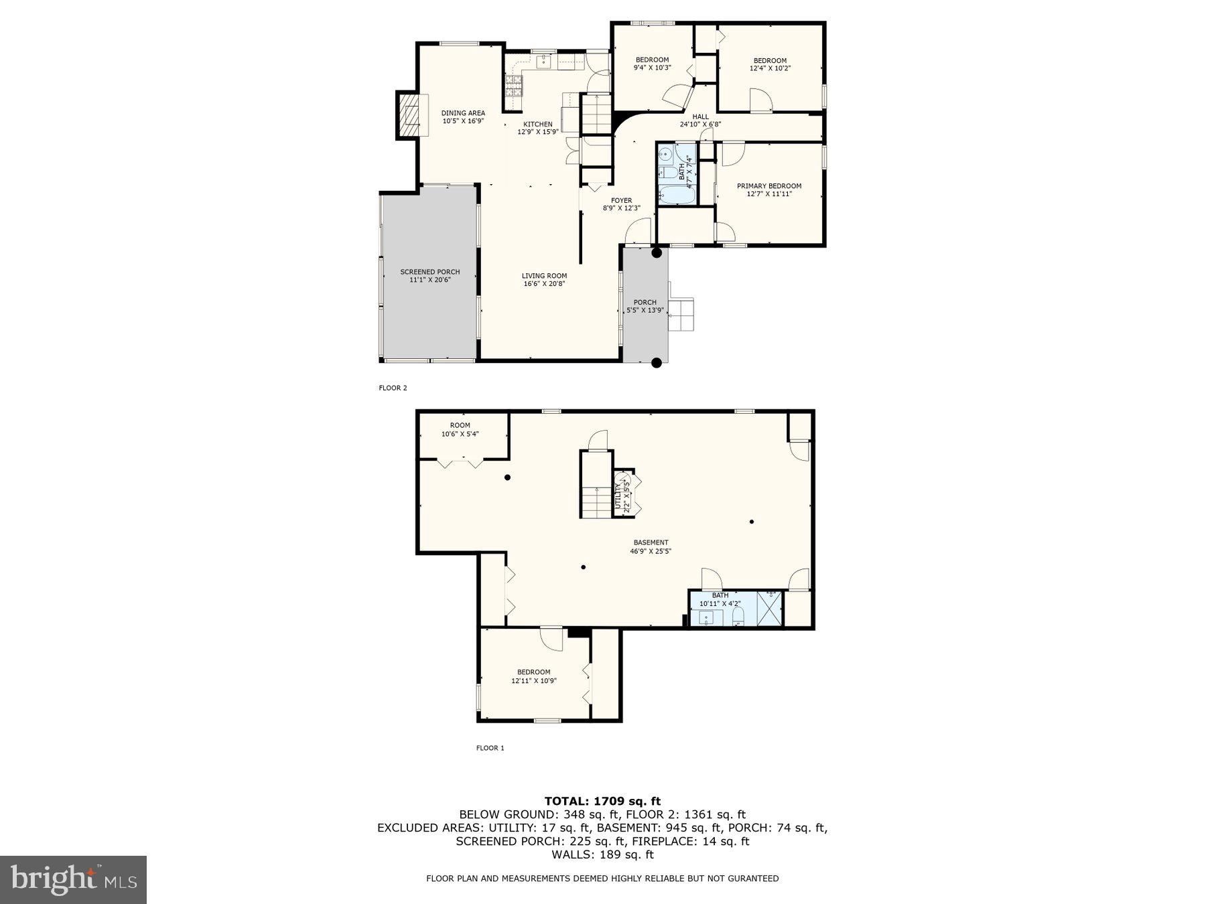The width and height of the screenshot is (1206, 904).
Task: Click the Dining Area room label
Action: point(462,113)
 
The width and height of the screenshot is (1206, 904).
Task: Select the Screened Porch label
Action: point(429,272)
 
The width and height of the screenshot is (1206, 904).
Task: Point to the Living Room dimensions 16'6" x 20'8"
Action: point(544,284)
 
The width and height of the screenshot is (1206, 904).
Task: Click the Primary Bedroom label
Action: point(768,186)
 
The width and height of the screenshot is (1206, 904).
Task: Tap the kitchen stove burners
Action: point(514,86)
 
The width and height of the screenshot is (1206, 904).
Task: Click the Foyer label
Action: point(621,200)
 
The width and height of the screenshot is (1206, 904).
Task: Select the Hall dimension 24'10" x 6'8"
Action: point(700,125)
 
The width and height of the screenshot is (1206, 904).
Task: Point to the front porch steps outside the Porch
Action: point(683,315)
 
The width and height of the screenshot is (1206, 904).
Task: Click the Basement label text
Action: point(651,542)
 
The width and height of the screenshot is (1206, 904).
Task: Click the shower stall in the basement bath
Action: point(769,608)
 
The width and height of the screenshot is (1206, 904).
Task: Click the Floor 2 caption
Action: point(393,388)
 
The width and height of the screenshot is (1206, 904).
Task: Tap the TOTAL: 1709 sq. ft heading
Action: point(602,801)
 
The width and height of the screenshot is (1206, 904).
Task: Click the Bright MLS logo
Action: point(73,879)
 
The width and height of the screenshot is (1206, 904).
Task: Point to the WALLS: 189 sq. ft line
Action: point(602,854)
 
